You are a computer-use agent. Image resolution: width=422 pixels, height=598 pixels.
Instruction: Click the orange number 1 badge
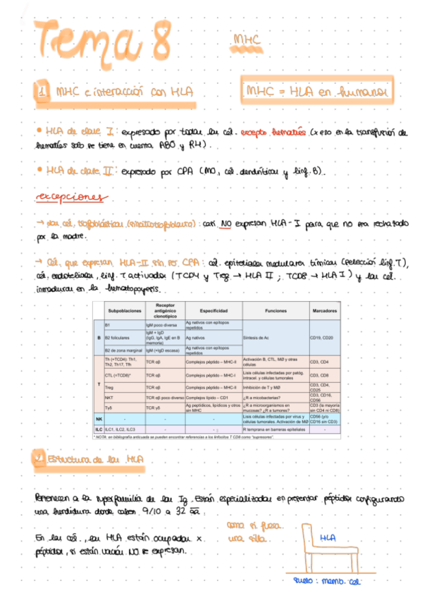tap(42, 92)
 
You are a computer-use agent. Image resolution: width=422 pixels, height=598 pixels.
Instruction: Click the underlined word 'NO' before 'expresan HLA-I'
tap(226, 222)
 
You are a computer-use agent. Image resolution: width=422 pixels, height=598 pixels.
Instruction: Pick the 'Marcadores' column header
tap(323, 310)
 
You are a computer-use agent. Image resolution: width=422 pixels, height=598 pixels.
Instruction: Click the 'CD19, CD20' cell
tap(323, 338)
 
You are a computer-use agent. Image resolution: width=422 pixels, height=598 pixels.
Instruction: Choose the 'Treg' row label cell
tap(110, 387)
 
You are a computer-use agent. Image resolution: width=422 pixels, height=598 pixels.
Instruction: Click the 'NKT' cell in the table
tap(110, 397)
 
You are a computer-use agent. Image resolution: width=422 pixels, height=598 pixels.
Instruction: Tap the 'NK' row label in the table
tap(99, 419)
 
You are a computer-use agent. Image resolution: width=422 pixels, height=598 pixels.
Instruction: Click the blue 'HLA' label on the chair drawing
tap(326, 538)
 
